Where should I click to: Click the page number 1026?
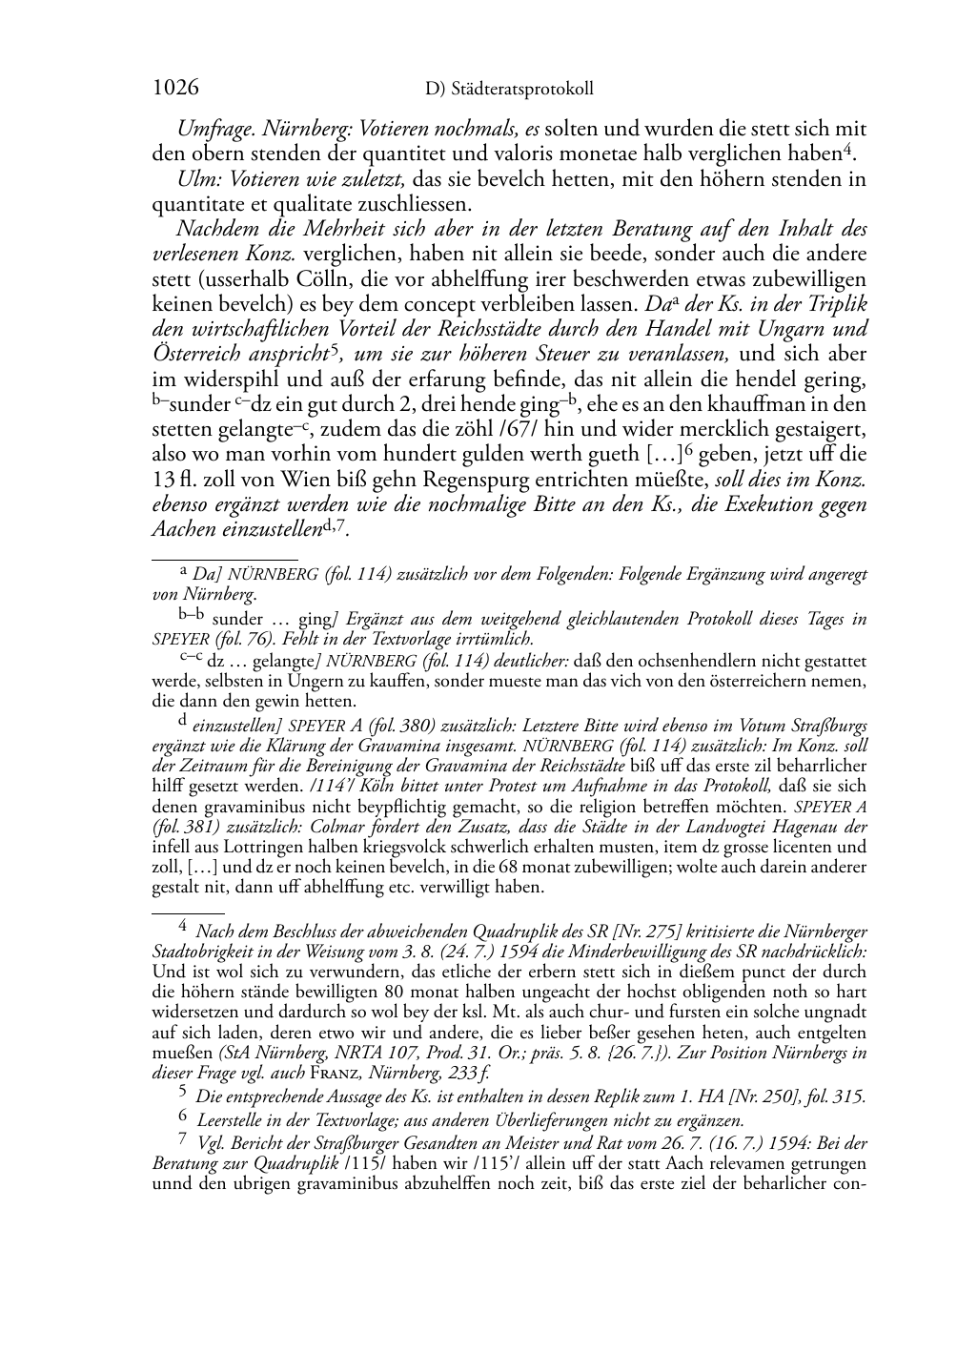175,89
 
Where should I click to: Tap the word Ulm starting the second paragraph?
193,178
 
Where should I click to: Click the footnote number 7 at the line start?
182,1140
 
